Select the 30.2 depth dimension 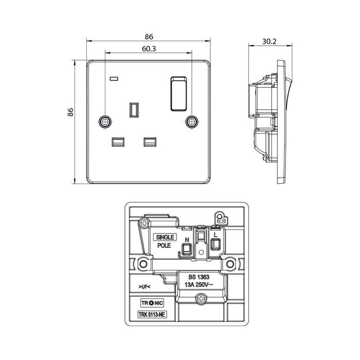point(266,37)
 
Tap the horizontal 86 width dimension point(149,37)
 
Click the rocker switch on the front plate point(178,93)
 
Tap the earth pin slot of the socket point(134,110)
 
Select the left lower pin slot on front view point(117,140)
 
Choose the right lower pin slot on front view point(150,140)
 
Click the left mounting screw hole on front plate point(104,121)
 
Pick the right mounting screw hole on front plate point(192,121)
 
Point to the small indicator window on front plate point(114,79)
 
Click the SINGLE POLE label point(166,241)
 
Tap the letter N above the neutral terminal point(188,239)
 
